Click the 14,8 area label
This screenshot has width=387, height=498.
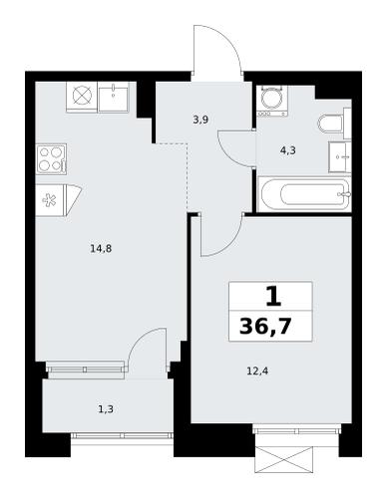(101, 248)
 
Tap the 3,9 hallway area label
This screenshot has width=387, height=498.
(200, 120)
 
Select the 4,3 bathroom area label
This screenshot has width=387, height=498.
(288, 151)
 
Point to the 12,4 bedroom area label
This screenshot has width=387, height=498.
(257, 371)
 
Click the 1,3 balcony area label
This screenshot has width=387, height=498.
(106, 409)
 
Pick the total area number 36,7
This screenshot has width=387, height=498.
(265, 327)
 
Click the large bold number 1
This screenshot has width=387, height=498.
(273, 297)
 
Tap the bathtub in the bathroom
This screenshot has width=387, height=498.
(305, 194)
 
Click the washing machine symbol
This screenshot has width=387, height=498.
(272, 101)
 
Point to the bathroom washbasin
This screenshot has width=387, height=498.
(340, 157)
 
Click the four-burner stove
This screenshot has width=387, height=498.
(52, 159)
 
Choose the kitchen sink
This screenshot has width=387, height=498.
(114, 98)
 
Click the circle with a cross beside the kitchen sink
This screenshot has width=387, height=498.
(82, 97)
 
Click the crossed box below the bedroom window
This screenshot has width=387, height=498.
(284, 460)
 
